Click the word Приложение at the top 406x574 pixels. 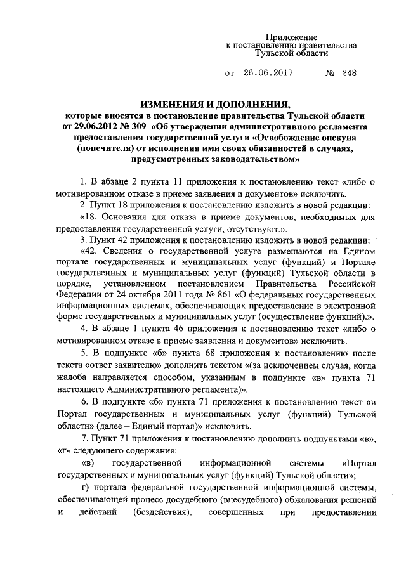coord(291,37)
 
